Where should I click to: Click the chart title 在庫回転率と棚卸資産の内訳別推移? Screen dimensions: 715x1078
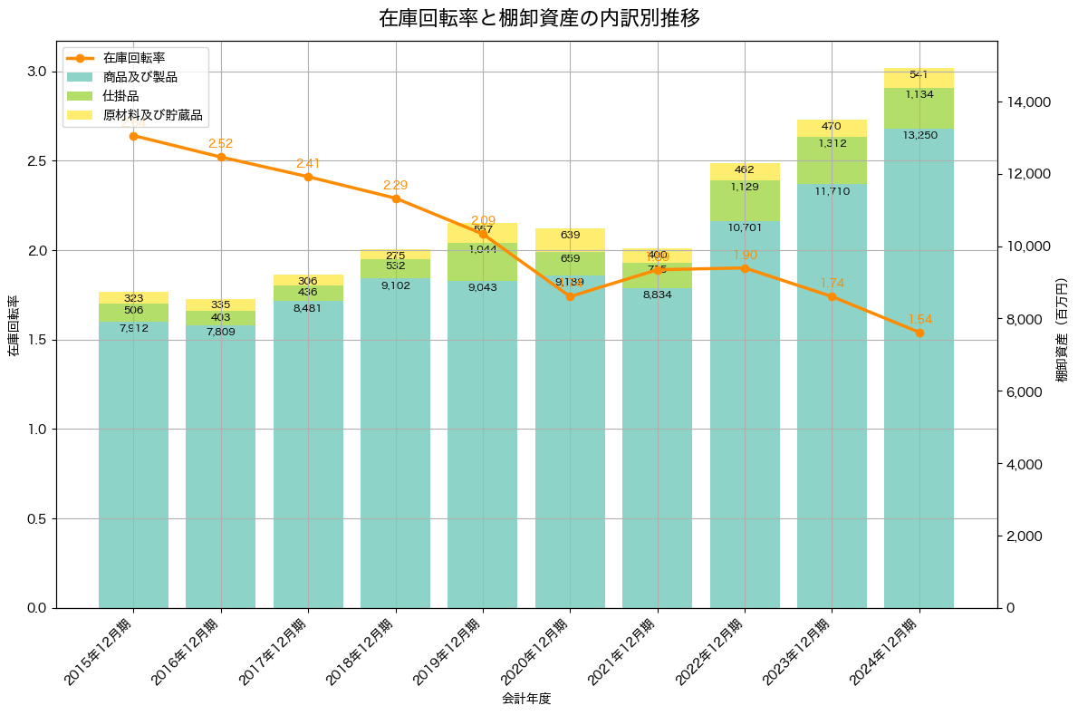[539, 18]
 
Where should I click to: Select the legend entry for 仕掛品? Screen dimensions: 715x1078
[120, 96]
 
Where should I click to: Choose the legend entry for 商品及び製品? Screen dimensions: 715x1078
[140, 77]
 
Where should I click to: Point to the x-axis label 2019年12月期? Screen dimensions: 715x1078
[448, 652]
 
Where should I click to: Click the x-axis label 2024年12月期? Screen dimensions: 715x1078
[885, 652]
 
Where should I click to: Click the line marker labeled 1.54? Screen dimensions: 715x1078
[919, 333]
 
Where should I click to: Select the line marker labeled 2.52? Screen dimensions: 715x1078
[221, 157]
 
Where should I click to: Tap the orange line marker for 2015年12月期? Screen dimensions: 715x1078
[133, 136]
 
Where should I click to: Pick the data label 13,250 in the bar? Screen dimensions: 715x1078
[919, 134]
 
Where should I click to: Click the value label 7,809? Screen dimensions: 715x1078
[221, 332]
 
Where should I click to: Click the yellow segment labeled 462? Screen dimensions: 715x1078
[745, 171]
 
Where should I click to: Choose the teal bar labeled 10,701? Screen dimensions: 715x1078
[745, 408]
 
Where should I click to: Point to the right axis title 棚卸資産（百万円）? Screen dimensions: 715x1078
[1062, 324]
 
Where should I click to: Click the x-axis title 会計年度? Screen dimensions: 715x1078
[526, 699]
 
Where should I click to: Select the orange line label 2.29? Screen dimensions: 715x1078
[396, 185]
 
